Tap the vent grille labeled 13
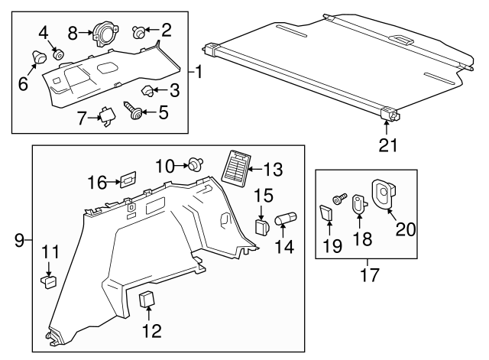tap(238, 166)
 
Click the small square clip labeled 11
tap(49, 280)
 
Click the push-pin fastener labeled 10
tap(197, 164)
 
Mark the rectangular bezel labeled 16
tap(127, 180)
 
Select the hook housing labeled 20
tap(383, 193)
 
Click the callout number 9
tap(18, 242)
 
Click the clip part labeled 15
tap(261, 227)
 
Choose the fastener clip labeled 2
tap(139, 32)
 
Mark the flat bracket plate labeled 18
tap(358, 206)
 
